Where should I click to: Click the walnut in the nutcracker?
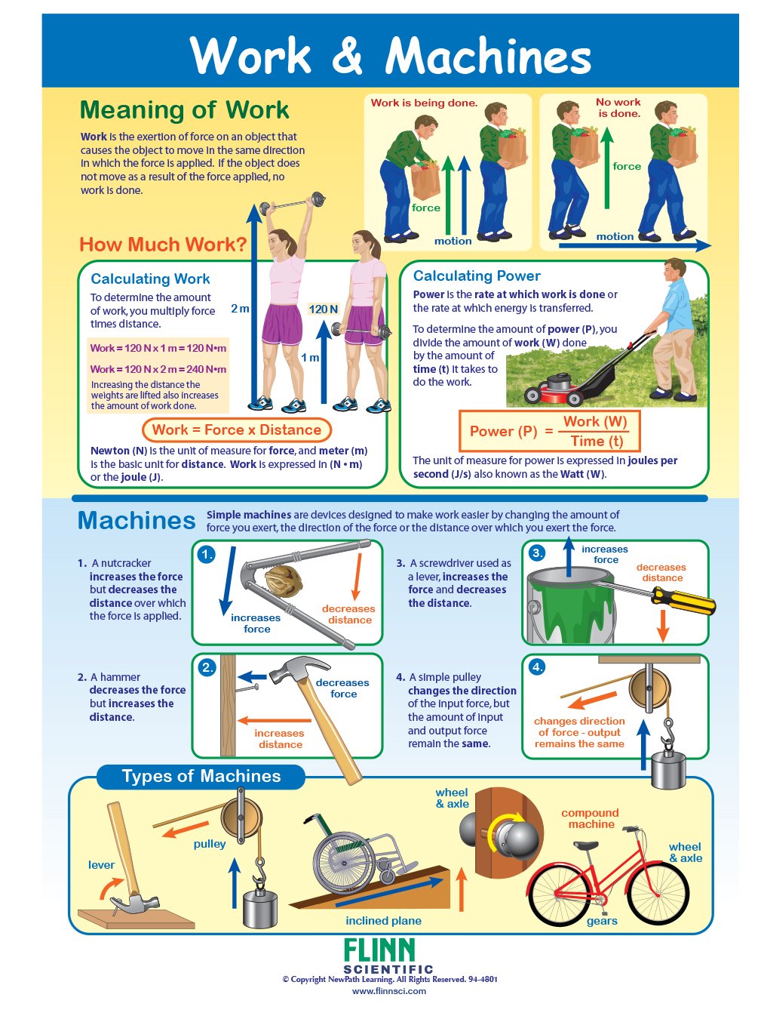[x=284, y=581]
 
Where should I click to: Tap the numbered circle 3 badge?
[x=536, y=553]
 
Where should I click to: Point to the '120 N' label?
[x=323, y=309]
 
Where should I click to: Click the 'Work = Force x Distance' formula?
[x=236, y=430]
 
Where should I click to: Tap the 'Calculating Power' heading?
[x=477, y=276]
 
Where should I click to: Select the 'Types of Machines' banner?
[x=201, y=776]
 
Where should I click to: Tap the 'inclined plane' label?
[x=383, y=921]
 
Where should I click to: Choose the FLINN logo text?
[x=379, y=950]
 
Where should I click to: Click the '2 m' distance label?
[x=240, y=308]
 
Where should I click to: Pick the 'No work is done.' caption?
[x=618, y=107]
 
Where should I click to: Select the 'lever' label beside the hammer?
[x=101, y=865]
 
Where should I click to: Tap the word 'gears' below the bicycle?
[x=602, y=921]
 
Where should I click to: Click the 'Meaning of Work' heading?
[x=184, y=110]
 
